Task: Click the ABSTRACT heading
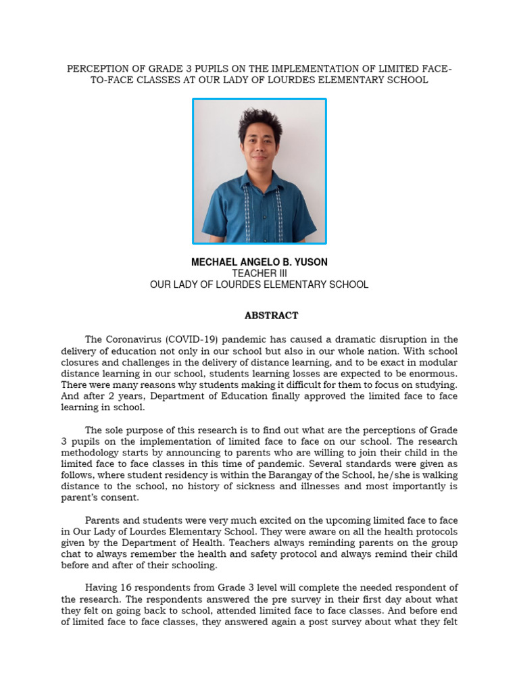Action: [x=270, y=316]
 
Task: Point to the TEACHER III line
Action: [x=259, y=274]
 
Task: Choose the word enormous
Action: [x=429, y=373]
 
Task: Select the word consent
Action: [x=118, y=497]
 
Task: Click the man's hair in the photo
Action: [x=260, y=122]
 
